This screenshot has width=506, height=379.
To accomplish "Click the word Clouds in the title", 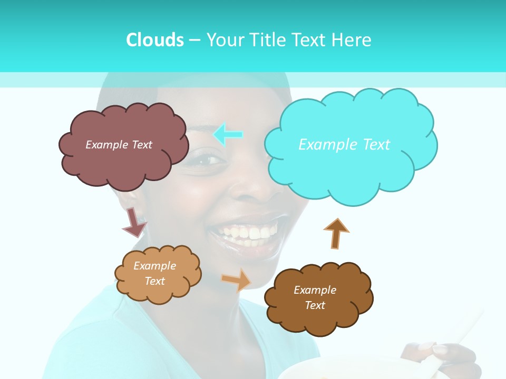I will coord(154,40).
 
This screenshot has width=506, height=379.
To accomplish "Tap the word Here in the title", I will coord(352,40).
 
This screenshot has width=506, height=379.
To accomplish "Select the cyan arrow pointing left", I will coord(228,134).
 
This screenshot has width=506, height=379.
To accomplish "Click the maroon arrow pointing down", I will coord(134,222).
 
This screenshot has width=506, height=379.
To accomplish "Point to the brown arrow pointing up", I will coord(336,233).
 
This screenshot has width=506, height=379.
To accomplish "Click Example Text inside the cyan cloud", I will coord(344,145).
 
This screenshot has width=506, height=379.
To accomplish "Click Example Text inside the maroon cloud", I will coord(119,145).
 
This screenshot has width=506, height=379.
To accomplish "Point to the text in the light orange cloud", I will coord(155,273).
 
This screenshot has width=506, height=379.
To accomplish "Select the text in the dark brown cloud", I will coord(315,297).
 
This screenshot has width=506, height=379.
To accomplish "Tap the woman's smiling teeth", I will coord(248,233).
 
